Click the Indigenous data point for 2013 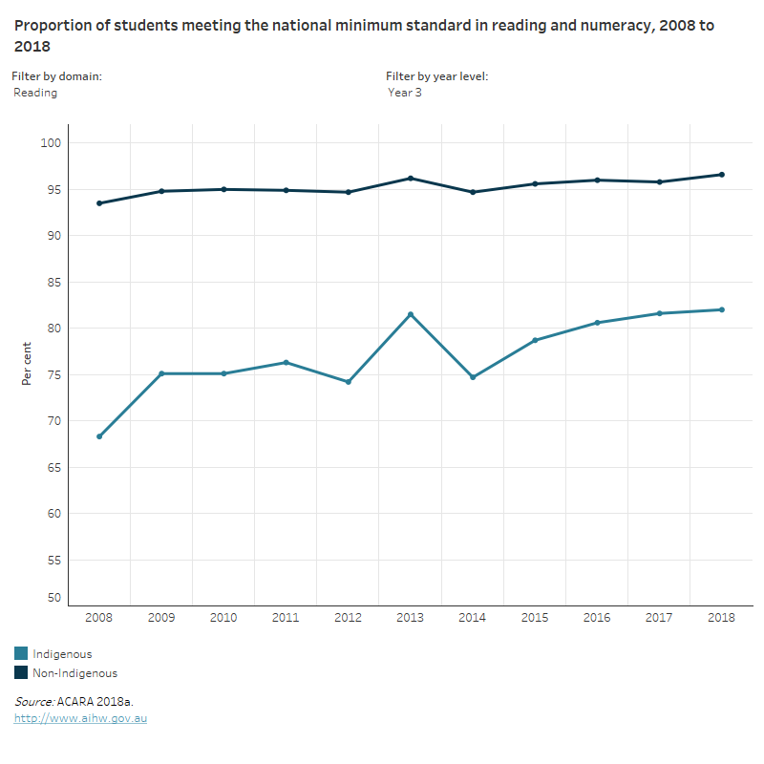click(x=411, y=314)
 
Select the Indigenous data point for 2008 click(x=99, y=436)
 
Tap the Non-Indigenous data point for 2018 click(x=722, y=175)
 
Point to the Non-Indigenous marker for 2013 click(x=411, y=178)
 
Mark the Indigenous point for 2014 click(x=473, y=377)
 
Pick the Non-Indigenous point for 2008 click(x=99, y=203)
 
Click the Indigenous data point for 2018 click(x=722, y=309)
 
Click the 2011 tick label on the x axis click(x=286, y=618)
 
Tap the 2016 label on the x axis click(x=597, y=618)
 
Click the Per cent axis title click(x=27, y=363)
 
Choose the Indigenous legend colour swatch click(x=21, y=654)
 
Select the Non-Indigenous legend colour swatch click(x=21, y=673)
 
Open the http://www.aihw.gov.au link click(x=80, y=718)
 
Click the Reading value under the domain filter click(x=35, y=93)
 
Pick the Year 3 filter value click(x=405, y=93)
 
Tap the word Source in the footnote click(x=33, y=702)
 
